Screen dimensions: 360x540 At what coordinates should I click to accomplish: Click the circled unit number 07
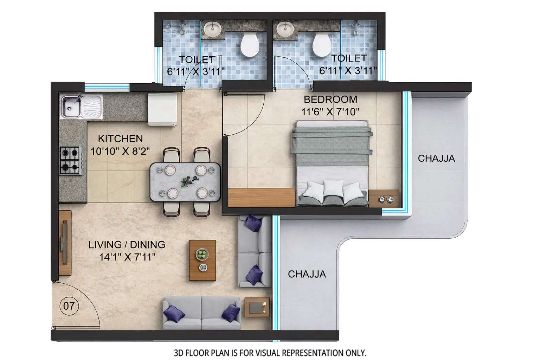pos(69,306)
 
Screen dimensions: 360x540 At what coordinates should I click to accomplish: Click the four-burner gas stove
pos(70,161)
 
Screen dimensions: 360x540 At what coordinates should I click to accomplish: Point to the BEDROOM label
pos(330,99)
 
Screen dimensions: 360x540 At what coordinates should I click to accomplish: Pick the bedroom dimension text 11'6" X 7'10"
pos(330,112)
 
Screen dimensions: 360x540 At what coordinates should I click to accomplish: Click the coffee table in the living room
pos(202,260)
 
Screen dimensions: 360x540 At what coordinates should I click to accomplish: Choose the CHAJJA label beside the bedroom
pos(436,159)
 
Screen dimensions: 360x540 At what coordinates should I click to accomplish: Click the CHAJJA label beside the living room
pos(307,274)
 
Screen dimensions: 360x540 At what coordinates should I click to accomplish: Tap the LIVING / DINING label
pos(127,245)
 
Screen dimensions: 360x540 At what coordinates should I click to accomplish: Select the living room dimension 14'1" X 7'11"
pos(127,257)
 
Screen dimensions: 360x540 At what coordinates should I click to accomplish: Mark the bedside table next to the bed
pos(384,199)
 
